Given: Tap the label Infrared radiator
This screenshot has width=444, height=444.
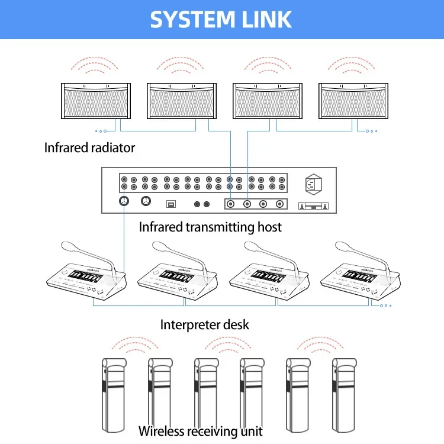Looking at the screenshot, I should tap(89, 147).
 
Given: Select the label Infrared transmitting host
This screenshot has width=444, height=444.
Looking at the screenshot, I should tap(210, 227).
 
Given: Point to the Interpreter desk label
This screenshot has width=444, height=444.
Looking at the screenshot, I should tap(204, 324).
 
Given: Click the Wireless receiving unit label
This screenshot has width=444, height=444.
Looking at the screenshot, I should tap(200, 431).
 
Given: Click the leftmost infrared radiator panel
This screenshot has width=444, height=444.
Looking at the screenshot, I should tap(96, 101).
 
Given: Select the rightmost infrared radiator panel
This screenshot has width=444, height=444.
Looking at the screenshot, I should tap(353, 101).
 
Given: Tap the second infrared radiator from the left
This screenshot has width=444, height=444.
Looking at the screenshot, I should tap(182, 101).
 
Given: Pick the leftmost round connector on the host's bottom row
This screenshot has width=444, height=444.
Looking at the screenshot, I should tap(125, 202).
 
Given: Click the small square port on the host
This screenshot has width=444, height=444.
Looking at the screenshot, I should tap(170, 203).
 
